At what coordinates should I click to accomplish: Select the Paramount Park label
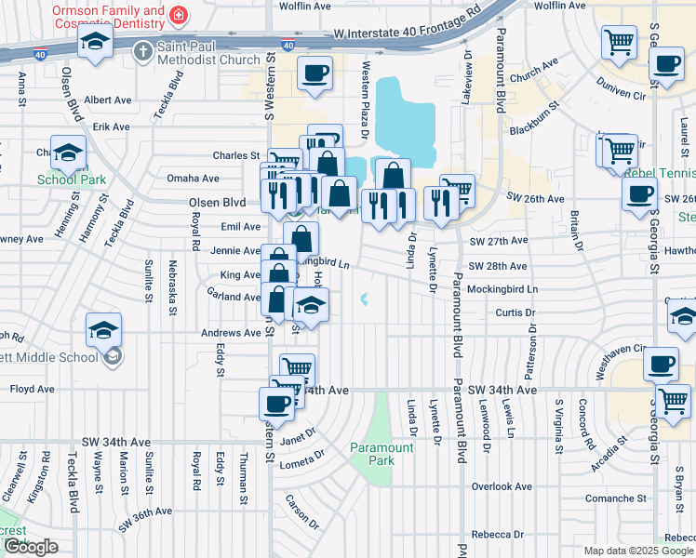tap(381, 454)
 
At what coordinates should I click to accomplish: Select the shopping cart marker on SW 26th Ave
tap(457, 190)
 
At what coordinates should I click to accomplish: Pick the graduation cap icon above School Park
tap(68, 153)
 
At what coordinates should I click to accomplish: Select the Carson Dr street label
tap(303, 508)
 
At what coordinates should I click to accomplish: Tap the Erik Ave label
tap(111, 126)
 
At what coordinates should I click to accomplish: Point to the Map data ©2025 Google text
tap(637, 551)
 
